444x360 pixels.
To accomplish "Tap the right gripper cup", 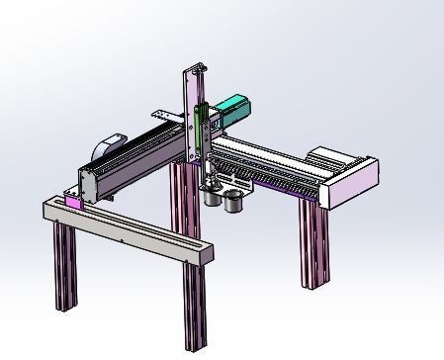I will coord(234,202).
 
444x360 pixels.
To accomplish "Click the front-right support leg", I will coord(193,307).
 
